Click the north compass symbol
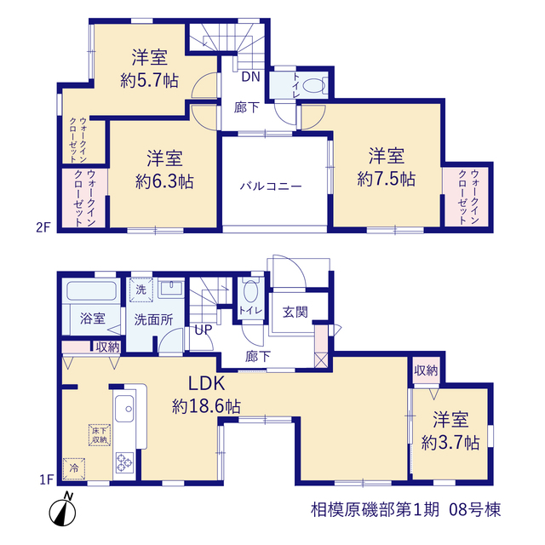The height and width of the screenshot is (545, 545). (62, 510)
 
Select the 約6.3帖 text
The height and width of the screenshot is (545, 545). (164, 181)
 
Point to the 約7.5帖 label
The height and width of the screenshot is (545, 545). (386, 180)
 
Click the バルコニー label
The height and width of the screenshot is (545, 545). (271, 186)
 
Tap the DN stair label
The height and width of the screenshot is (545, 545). (251, 77)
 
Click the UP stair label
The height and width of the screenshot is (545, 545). (204, 330)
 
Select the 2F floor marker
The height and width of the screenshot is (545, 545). (43, 227)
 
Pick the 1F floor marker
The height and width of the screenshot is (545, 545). (46, 480)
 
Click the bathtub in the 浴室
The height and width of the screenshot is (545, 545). (91, 291)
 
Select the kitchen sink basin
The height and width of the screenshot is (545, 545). (124, 409)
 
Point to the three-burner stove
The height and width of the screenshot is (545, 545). (124, 462)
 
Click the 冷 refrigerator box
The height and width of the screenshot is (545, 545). (74, 468)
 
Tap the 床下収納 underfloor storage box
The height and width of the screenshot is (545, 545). (100, 435)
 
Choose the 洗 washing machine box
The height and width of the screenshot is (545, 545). (141, 290)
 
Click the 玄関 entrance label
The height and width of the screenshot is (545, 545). (295, 312)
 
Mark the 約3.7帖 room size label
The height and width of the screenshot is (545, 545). (450, 443)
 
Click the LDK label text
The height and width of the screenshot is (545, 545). (206, 384)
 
